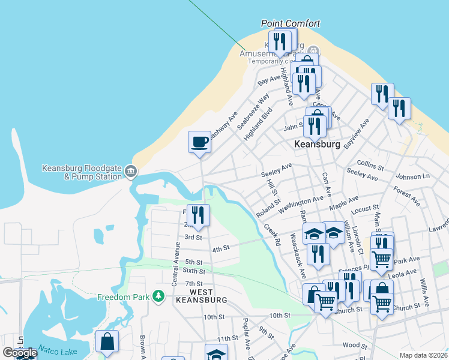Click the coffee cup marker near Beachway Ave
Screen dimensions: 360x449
[x=199, y=142]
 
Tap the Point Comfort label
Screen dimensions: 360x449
[x=291, y=23]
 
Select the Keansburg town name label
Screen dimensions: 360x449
[x=318, y=145]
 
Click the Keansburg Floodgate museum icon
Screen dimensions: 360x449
[x=131, y=173]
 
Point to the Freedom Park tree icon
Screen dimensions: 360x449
[x=158, y=296]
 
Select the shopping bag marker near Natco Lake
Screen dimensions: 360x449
[x=107, y=342]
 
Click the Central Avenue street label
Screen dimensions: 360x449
[x=178, y=262]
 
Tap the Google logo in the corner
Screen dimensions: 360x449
[x=20, y=353]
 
